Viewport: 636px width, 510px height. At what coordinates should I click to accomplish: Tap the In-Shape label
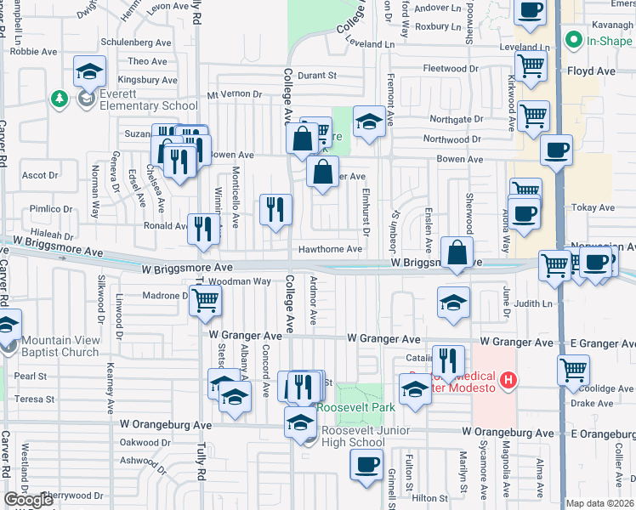[x=609, y=40]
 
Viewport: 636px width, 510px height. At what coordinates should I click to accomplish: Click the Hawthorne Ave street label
[x=330, y=250]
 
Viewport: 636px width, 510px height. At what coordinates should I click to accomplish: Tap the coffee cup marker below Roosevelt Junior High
[x=366, y=465]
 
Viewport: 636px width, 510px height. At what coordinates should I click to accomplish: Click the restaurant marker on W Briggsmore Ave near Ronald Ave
[x=202, y=229]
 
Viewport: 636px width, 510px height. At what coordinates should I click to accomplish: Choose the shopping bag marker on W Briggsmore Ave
[x=457, y=252]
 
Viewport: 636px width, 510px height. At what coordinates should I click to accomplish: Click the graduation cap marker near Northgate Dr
[x=369, y=122]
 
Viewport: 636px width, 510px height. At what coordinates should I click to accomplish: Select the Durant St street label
[x=317, y=76]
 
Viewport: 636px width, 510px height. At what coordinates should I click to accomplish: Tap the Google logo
[x=29, y=500]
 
